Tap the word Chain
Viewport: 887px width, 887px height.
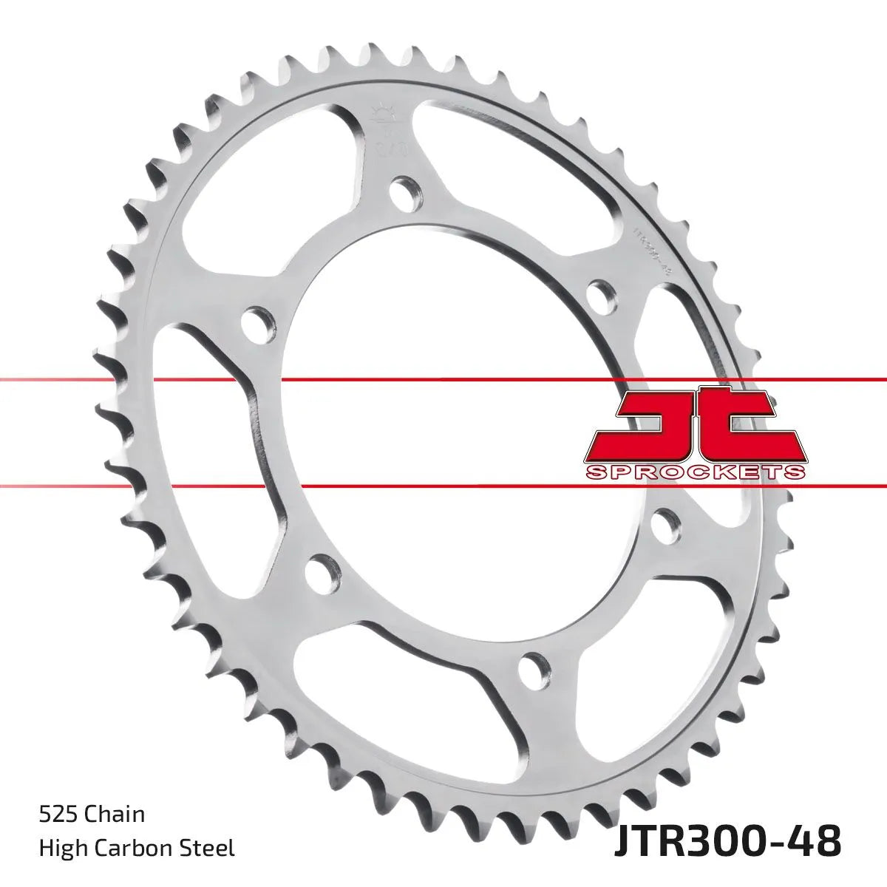(115, 815)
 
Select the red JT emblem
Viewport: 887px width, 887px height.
(695, 425)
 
